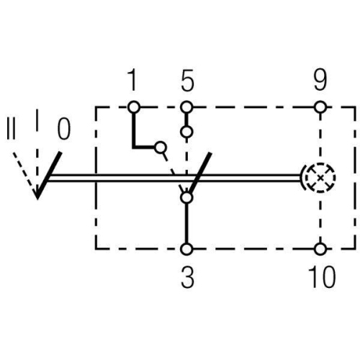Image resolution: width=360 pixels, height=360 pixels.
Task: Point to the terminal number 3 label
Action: [187, 279]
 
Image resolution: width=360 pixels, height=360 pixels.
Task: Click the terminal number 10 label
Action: [320, 279]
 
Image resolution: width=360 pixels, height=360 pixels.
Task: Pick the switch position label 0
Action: [63, 130]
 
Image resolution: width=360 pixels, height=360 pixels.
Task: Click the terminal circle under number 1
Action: [132, 107]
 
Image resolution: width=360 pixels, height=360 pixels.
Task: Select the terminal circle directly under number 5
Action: [187, 107]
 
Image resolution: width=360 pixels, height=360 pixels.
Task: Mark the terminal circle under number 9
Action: [320, 107]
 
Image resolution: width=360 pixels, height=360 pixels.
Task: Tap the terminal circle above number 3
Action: [187, 249]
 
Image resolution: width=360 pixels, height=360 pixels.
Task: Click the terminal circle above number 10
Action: [320, 249]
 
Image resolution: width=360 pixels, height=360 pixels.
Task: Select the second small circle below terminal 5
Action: [187, 132]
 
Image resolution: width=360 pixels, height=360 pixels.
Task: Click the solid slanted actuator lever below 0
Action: [48, 174]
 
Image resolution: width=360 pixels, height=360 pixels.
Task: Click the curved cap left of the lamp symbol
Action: [302, 177]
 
